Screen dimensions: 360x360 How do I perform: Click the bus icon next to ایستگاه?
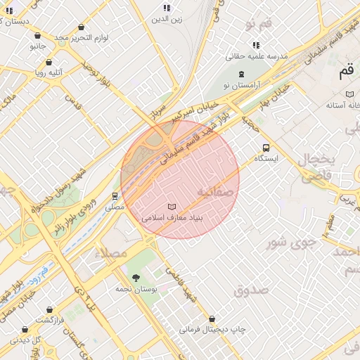(x=266, y=148)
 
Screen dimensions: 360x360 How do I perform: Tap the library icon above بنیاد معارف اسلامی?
(x=172, y=207)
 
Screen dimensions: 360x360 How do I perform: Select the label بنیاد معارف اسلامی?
(x=172, y=218)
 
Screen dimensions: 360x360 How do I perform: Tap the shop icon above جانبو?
(x=37, y=36)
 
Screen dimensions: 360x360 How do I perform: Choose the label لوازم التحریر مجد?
(x=82, y=36)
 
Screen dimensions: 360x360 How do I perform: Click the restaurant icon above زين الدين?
(x=167, y=8)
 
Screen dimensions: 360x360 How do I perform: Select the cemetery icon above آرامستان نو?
(x=242, y=74)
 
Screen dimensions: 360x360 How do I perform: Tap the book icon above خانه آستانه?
(x=349, y=94)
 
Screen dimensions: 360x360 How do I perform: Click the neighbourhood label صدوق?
(x=251, y=290)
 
